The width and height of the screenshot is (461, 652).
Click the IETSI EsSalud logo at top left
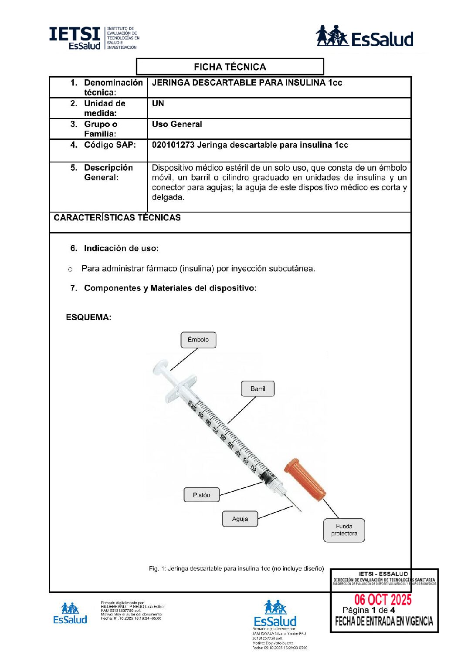point(94,38)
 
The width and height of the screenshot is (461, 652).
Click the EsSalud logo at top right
point(364,37)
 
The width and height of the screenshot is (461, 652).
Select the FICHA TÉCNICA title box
point(230,67)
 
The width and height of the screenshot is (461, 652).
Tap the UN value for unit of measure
point(158,103)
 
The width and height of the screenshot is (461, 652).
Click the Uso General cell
point(177,124)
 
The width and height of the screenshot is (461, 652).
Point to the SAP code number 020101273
point(173,145)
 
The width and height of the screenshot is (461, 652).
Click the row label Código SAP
point(109,145)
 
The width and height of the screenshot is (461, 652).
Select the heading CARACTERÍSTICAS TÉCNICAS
point(117,218)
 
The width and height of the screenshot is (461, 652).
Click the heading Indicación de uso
point(121,248)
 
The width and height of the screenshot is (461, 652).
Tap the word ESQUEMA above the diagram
point(88,317)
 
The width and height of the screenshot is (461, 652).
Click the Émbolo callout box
point(198,340)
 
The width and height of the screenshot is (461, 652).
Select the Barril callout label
point(258,388)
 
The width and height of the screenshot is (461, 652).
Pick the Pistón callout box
point(201,495)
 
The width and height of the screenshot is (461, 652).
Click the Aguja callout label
point(240,519)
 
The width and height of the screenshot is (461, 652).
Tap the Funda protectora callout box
point(344,530)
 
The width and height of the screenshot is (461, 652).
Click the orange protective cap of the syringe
point(305,480)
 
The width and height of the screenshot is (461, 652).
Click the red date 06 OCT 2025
point(383,600)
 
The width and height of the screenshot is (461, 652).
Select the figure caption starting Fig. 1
point(236,568)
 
